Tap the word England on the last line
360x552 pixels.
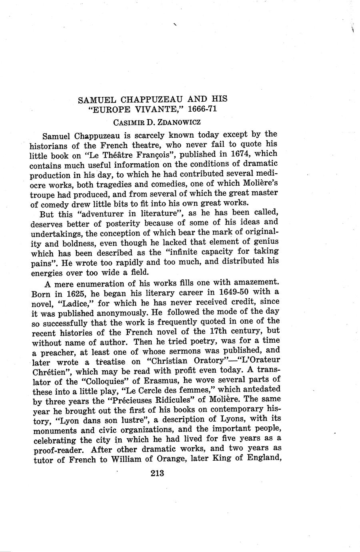pyautogui.click(x=260, y=458)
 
